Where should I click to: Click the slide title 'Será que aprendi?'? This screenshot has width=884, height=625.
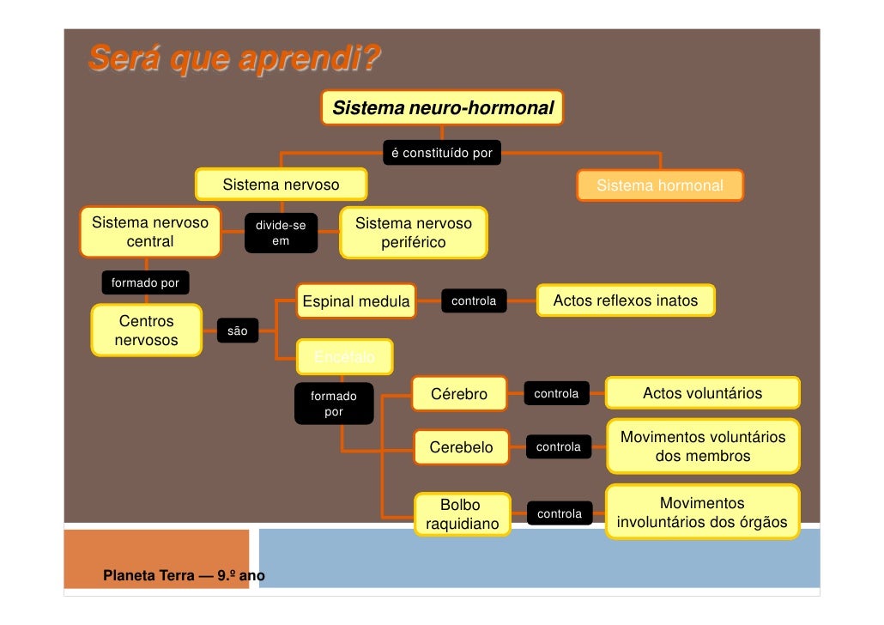click(x=233, y=62)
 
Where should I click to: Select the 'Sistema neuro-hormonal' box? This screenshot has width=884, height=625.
click(x=442, y=108)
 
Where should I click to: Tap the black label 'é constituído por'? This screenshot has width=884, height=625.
click(x=441, y=154)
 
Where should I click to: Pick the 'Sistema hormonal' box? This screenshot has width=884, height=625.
click(x=659, y=185)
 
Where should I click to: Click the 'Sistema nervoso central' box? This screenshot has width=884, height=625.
click(x=149, y=232)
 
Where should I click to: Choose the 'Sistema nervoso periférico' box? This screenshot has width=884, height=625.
click(x=413, y=233)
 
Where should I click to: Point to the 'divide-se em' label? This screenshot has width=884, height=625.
click(x=281, y=234)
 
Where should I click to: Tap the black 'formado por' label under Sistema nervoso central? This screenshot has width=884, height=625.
click(x=145, y=283)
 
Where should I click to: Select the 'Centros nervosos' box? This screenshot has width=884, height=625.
click(x=146, y=331)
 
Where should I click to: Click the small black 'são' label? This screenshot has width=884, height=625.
click(x=237, y=331)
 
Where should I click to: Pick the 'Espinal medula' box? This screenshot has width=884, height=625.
click(x=355, y=301)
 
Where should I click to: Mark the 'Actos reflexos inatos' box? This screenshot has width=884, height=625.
click(x=625, y=301)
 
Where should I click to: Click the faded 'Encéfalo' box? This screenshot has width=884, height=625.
click(x=343, y=356)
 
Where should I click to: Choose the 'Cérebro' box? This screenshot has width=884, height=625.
click(x=458, y=394)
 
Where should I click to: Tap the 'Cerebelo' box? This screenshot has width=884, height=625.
click(x=461, y=447)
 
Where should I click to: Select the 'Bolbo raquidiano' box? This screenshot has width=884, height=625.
click(x=462, y=514)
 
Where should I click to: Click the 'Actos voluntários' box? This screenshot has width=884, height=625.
click(x=702, y=393)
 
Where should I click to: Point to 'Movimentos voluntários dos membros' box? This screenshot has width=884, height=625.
click(x=702, y=446)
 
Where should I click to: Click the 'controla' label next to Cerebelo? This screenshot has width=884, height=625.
click(x=558, y=447)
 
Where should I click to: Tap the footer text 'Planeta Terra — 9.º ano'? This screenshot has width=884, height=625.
click(x=184, y=575)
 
